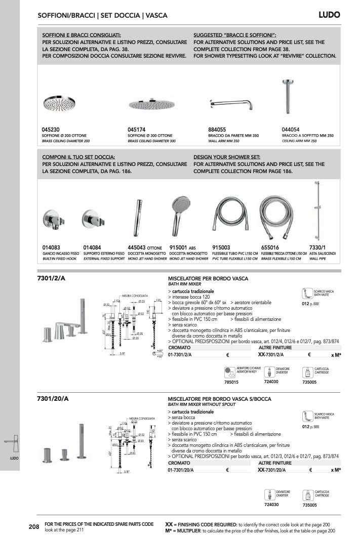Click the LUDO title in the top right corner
click(x=329, y=15)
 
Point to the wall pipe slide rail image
click(x=319, y=208)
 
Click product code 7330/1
click(x=317, y=247)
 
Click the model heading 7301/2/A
click(x=52, y=278)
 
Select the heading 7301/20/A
click(x=53, y=399)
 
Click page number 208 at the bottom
click(x=34, y=527)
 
